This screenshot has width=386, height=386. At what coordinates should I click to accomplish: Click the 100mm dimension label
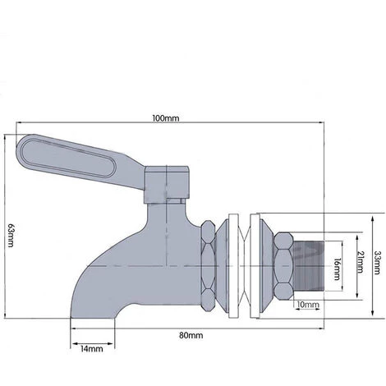coord(166,117)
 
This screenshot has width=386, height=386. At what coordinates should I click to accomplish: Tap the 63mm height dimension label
coord(9,237)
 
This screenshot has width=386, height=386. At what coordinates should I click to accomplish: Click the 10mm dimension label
coord(308,305)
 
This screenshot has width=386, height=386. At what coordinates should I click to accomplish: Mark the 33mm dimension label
coord(378,262)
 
